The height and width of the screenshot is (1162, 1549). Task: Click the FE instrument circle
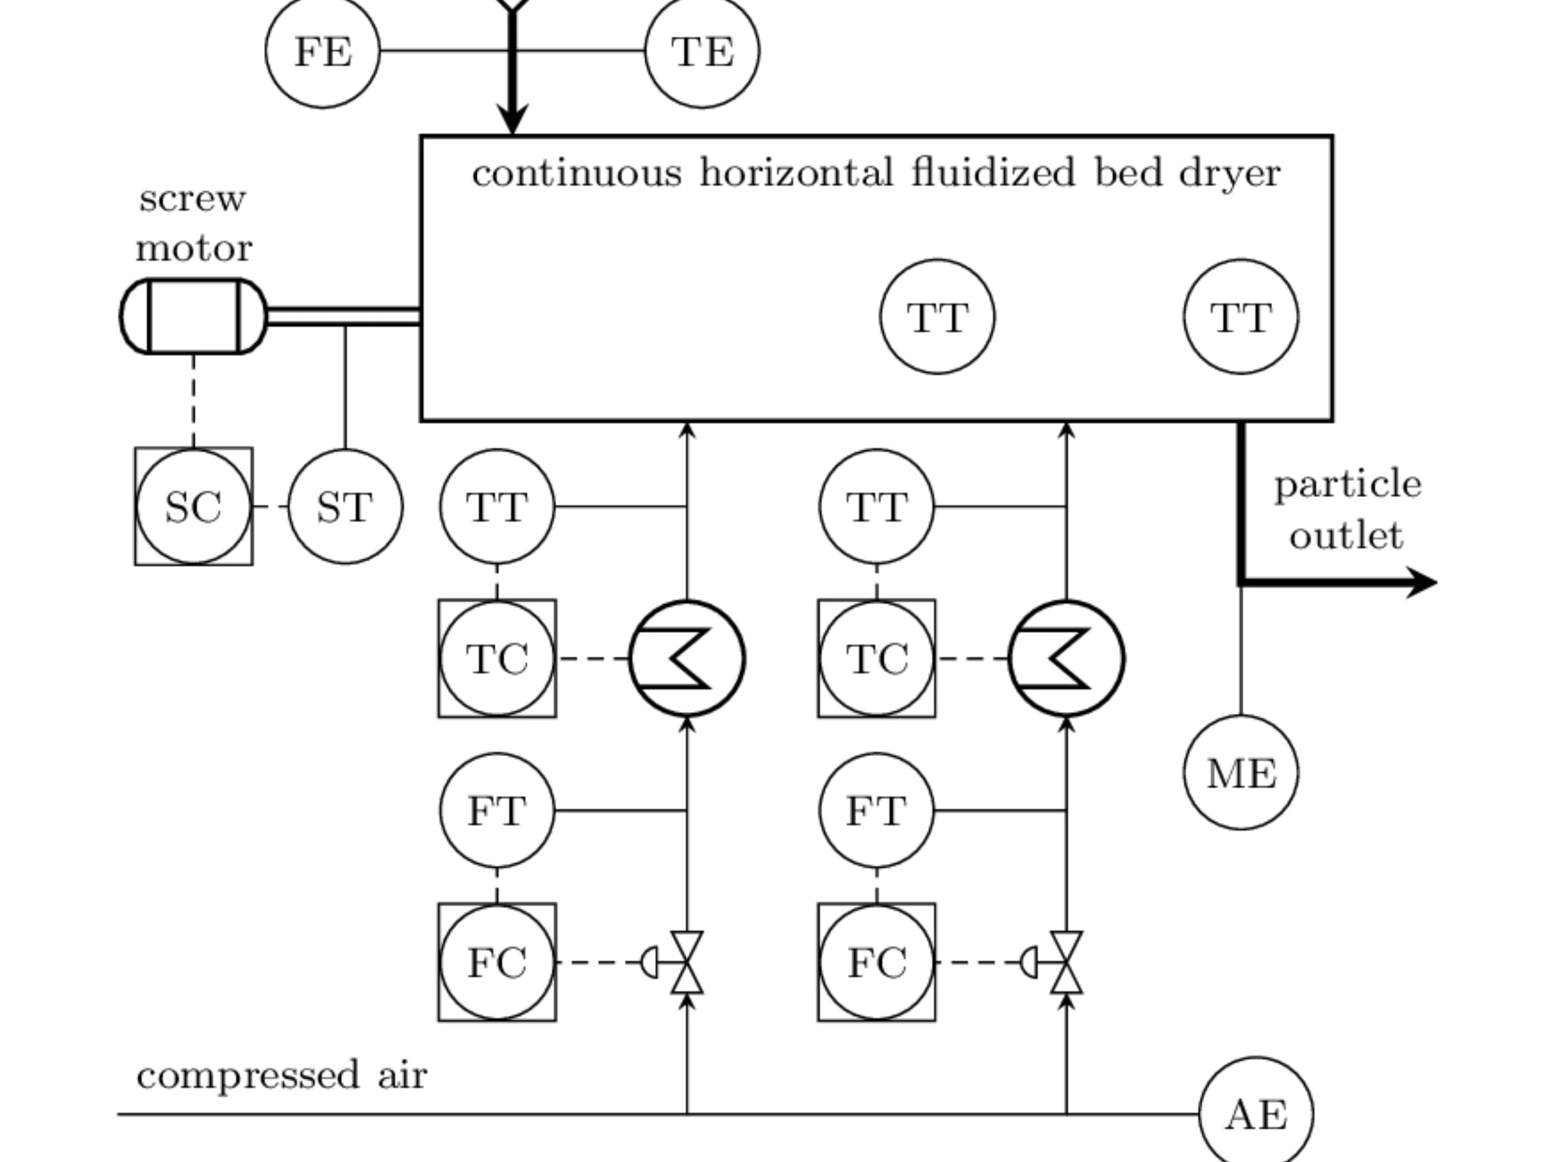(x=323, y=51)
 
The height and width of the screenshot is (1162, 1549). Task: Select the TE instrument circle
(x=703, y=51)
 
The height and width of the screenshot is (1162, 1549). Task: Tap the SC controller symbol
(x=194, y=506)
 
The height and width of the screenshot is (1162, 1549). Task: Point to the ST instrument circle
(x=345, y=506)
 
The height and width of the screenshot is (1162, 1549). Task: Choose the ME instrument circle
(x=1241, y=773)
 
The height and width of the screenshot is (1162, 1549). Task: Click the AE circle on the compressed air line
(x=1257, y=1114)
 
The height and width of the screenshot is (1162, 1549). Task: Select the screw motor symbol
(x=194, y=317)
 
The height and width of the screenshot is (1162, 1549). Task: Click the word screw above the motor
(x=193, y=199)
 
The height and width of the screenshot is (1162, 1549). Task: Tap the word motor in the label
(x=194, y=249)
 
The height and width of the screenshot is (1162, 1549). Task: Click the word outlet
(x=1346, y=536)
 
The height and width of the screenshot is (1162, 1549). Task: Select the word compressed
(x=248, y=1076)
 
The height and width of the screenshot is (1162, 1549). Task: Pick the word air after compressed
(x=403, y=1075)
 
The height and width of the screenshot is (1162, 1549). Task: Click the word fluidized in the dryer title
(x=993, y=173)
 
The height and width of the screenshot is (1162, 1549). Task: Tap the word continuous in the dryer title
(x=577, y=173)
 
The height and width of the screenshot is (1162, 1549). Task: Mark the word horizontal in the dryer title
(x=797, y=173)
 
